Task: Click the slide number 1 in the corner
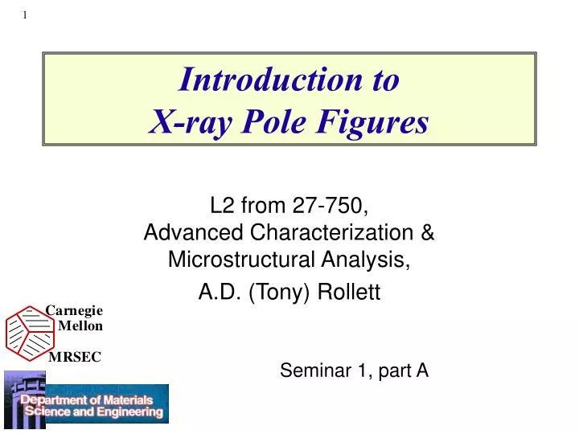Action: tap(25, 15)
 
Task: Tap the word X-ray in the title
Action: tap(191, 122)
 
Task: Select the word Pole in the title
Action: tap(274, 121)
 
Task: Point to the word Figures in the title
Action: tap(372, 122)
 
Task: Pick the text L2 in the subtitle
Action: tap(222, 205)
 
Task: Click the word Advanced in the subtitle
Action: tap(193, 232)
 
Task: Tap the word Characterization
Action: tap(331, 232)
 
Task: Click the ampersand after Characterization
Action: tap(427, 232)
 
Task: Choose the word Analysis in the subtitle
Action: tap(366, 260)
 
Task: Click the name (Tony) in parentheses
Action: tap(279, 293)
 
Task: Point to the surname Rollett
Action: tap(349, 292)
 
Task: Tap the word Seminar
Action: tap(316, 371)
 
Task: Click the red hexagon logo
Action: tap(31, 334)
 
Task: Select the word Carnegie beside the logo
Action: tap(74, 311)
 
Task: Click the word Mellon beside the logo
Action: tap(80, 325)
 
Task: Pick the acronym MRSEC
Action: tap(75, 357)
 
